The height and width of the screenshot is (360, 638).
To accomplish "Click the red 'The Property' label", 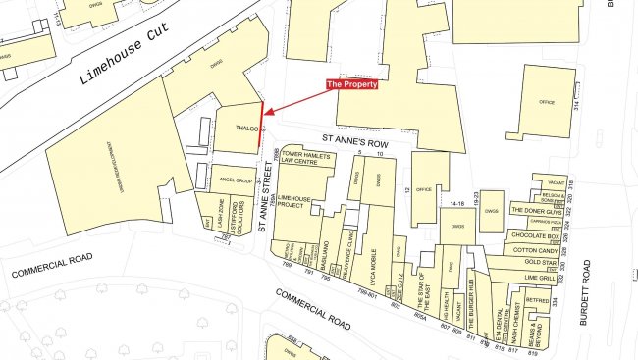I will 351,84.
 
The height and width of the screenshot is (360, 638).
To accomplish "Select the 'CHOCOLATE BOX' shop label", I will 536,236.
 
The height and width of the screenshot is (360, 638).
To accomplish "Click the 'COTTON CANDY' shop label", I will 535,250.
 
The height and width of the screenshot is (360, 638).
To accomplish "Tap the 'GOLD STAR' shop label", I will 540,263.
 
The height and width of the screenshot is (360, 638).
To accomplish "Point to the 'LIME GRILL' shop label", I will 541,279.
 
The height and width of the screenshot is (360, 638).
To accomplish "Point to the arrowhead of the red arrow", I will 267,116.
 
